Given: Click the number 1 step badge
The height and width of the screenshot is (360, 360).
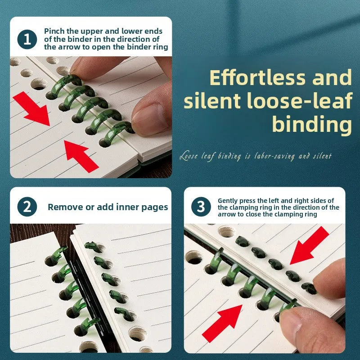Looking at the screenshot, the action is click(x=27, y=39).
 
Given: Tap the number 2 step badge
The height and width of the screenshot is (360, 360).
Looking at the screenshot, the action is click(x=27, y=207).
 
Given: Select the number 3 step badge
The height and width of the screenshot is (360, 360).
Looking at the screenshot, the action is click(x=201, y=207).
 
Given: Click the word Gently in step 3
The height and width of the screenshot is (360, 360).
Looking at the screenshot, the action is click(x=228, y=201).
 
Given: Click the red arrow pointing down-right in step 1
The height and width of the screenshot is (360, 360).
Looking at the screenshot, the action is click(x=31, y=108).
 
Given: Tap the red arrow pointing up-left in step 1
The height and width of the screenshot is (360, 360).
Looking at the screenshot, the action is click(x=81, y=156).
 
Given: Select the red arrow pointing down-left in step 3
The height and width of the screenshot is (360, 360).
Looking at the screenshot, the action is click(x=310, y=245).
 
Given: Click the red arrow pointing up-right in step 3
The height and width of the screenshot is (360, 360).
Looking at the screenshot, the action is click(x=222, y=324).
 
